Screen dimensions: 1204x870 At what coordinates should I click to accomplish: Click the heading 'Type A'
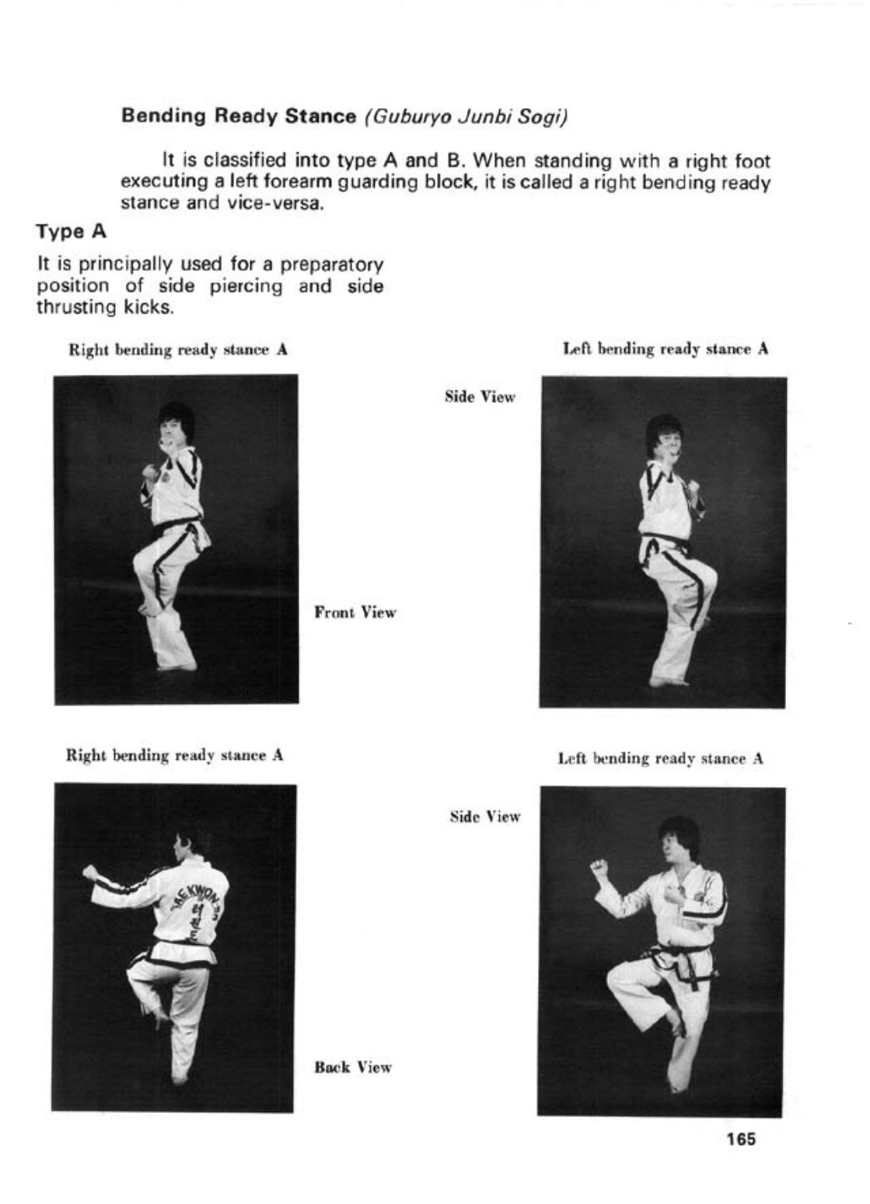point(72,232)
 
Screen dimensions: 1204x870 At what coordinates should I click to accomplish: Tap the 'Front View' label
point(355,613)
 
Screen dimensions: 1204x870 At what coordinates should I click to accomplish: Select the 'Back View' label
point(353,1067)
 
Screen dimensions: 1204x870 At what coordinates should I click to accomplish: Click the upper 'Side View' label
point(480,397)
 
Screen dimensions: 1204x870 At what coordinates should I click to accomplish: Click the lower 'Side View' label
point(485,817)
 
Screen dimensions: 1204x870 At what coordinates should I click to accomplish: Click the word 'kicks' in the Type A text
point(148,307)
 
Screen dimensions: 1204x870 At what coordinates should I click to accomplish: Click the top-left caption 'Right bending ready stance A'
point(179,350)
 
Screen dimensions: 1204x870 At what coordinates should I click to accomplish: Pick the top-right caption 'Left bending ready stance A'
point(666,349)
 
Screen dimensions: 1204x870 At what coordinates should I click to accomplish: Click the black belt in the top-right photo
point(665,540)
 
